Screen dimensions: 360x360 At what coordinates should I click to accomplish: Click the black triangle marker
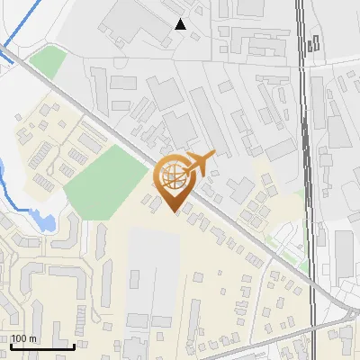(181, 24)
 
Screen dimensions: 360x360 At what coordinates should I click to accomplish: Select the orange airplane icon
(199, 163)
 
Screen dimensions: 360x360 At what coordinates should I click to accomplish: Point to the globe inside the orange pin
(174, 175)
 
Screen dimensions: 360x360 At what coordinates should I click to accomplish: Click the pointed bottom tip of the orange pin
(175, 212)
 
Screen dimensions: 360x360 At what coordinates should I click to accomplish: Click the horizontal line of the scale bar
(42, 347)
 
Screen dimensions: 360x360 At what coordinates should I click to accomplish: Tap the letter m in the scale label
(32, 339)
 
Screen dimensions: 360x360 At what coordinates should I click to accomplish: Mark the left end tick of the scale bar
(11, 346)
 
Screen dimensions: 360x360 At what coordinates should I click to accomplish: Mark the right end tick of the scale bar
(74, 346)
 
